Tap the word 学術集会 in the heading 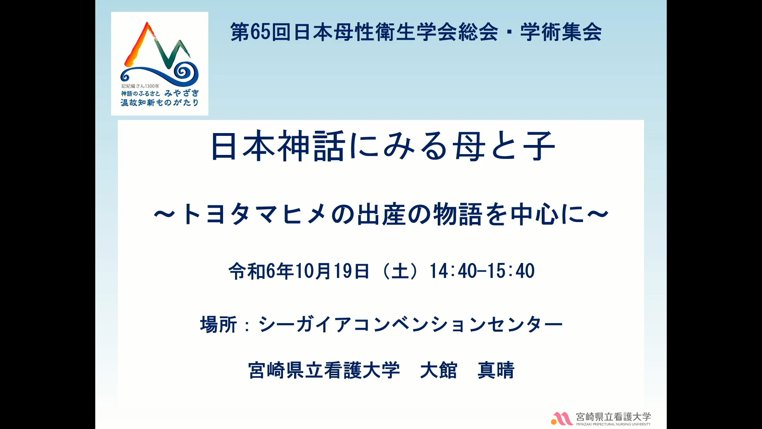pyautogui.click(x=561, y=32)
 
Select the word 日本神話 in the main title pyautogui.click(x=278, y=146)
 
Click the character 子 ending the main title pyautogui.click(x=539, y=146)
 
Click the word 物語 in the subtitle pyautogui.click(x=458, y=214)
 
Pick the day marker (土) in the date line pyautogui.click(x=400, y=271)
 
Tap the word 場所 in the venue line pyautogui.click(x=219, y=325)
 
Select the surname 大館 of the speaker pyautogui.click(x=439, y=370)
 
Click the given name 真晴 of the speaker pyautogui.click(x=496, y=370)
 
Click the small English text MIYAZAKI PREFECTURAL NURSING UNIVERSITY pyautogui.click(x=614, y=424)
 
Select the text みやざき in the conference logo pyautogui.click(x=182, y=93)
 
